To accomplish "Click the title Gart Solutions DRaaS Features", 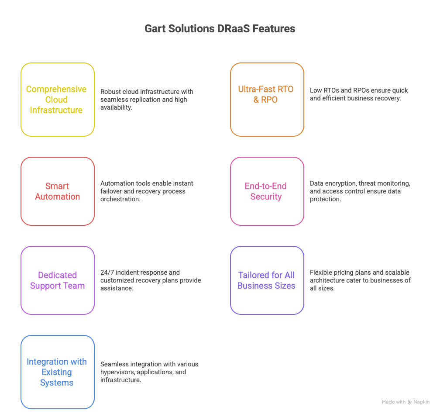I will pyautogui.click(x=220, y=29).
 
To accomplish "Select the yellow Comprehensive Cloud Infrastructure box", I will pyautogui.click(x=57, y=100).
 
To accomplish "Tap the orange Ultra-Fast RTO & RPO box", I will pyautogui.click(x=267, y=100).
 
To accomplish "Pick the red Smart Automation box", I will pyautogui.click(x=57, y=191).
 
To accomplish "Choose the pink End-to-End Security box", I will pyautogui.click(x=267, y=191).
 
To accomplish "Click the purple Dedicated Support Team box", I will pyautogui.click(x=57, y=280).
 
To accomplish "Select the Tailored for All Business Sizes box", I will pyautogui.click(x=267, y=280).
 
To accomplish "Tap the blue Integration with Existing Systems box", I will pyautogui.click(x=57, y=372).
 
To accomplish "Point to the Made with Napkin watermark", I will pyautogui.click(x=406, y=402).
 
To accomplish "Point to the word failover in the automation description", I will pyautogui.click(x=110, y=191).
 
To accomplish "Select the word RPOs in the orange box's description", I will pyautogui.click(x=359, y=90).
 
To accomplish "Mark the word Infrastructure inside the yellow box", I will pyautogui.click(x=56, y=110).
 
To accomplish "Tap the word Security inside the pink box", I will pyautogui.click(x=266, y=197).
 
